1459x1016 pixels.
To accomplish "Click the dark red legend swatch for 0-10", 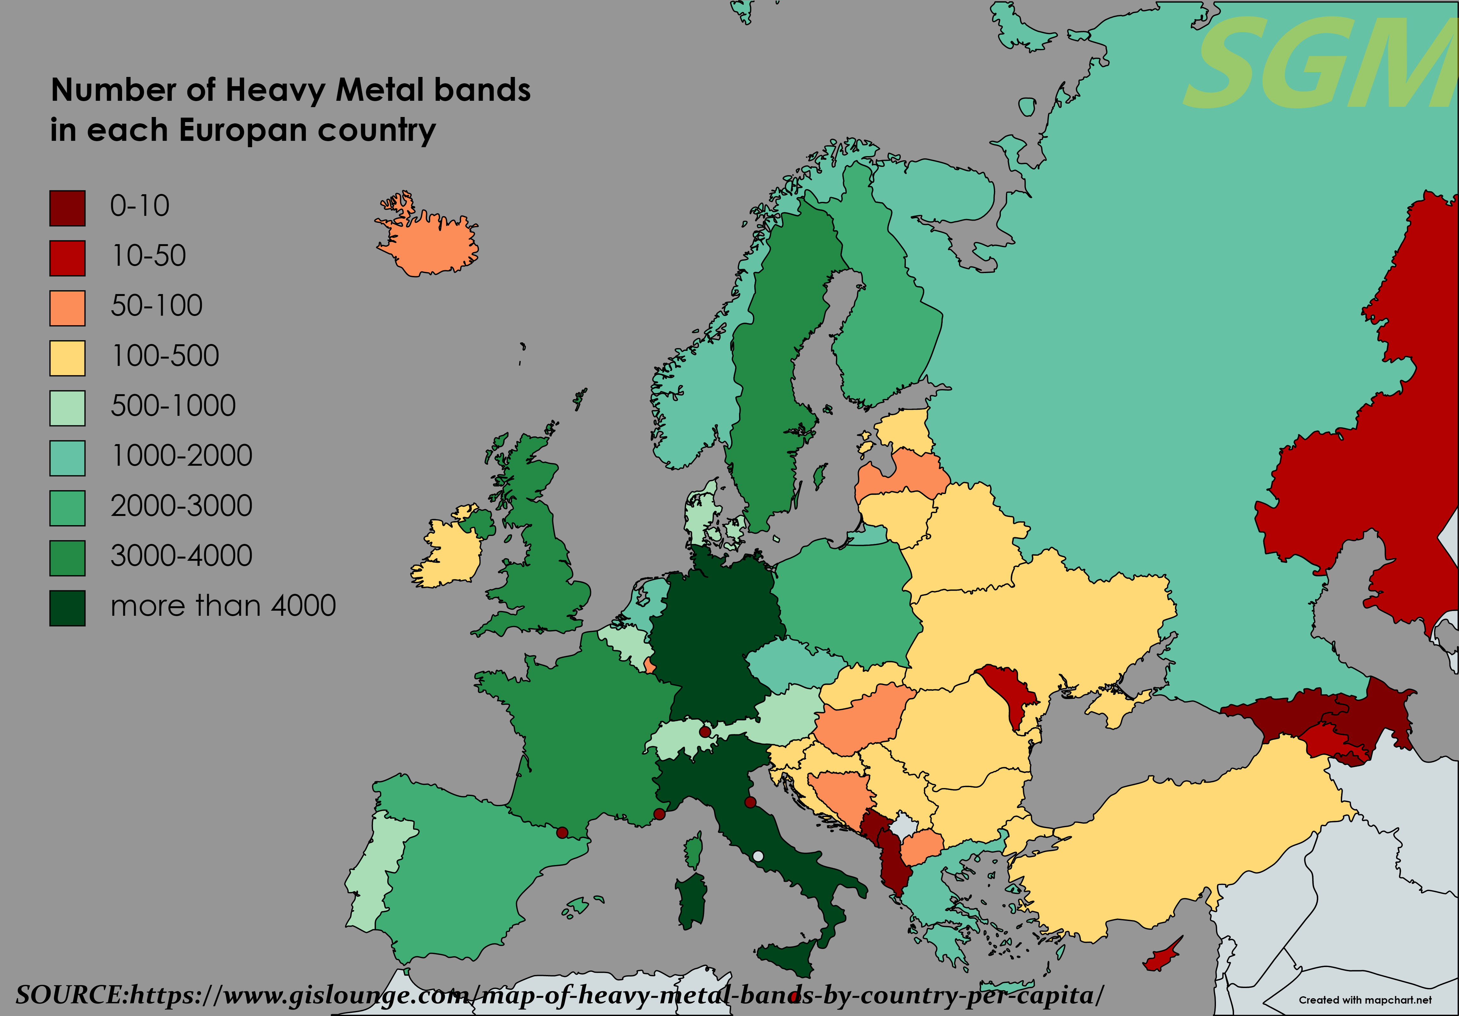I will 67,208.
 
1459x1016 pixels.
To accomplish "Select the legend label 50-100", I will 156,306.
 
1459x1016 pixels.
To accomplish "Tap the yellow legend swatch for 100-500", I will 67,358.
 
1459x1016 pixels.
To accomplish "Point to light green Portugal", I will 372,871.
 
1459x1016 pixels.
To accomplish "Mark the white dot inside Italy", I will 757,856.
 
